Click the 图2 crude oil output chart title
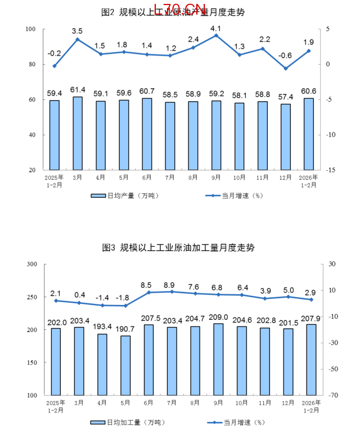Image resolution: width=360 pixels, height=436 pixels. pyautogui.click(x=180, y=12)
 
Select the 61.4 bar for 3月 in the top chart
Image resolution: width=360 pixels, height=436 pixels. pyautogui.click(x=78, y=134)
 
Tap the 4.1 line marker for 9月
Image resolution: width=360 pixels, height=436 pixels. pyautogui.click(x=216, y=35)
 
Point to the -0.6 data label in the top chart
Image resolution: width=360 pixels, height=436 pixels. pyautogui.click(x=286, y=56)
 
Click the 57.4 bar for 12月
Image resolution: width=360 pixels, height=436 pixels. pyautogui.click(x=286, y=137)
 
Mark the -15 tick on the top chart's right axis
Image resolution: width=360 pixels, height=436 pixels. pyautogui.click(x=330, y=170)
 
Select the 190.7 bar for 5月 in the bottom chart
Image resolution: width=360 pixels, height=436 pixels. pyautogui.click(x=125, y=365)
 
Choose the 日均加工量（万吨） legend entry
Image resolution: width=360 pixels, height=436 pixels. pyautogui.click(x=127, y=422)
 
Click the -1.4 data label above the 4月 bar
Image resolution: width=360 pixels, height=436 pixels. pyautogui.click(x=102, y=297)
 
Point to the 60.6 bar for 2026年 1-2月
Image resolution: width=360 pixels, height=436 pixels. pyautogui.click(x=309, y=134)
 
